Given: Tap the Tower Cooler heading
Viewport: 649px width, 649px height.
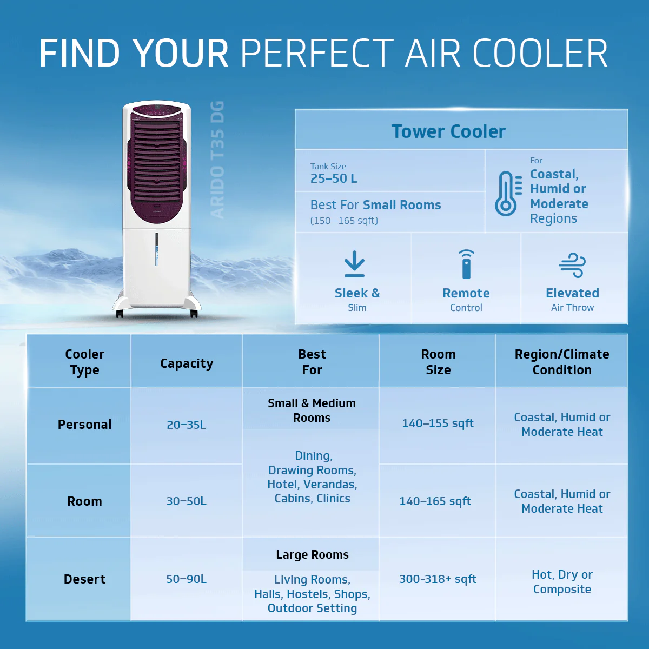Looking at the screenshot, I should click(448, 131).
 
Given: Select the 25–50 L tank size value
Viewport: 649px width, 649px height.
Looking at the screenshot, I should click(334, 178).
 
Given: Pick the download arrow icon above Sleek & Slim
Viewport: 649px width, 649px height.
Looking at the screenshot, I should click(355, 264).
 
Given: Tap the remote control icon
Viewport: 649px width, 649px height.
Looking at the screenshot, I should click(466, 264).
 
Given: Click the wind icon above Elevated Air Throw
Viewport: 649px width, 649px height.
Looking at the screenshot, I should click(572, 264).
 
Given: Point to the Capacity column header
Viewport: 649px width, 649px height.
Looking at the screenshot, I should click(187, 363).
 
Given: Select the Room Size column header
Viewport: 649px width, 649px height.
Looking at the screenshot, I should click(438, 362).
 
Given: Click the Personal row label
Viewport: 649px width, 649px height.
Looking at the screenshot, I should click(84, 425).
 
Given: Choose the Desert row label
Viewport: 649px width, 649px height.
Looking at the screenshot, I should click(84, 579).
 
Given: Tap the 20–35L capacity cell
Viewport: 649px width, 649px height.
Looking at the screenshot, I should click(186, 425).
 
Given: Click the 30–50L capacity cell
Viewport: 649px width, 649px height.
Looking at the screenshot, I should click(186, 501).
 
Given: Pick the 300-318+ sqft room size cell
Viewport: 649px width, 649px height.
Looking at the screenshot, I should click(438, 579).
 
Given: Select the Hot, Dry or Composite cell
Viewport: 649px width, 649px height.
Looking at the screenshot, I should click(562, 582).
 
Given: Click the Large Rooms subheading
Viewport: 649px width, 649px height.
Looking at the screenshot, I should click(312, 555).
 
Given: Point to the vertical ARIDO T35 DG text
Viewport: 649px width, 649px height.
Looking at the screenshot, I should click(217, 160).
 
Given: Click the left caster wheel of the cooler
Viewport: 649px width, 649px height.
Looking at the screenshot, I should click(120, 314).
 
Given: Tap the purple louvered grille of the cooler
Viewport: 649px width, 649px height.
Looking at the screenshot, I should click(157, 162).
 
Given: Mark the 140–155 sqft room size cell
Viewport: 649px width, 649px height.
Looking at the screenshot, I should click(438, 423).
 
